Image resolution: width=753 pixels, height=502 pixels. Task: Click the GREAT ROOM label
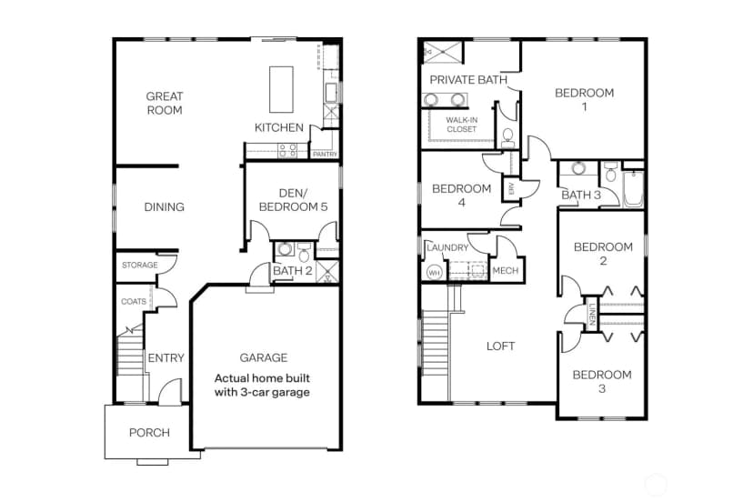[x=165, y=103]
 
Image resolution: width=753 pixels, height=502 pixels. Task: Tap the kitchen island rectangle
[x=281, y=89]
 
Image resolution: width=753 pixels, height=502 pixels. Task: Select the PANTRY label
[x=325, y=155]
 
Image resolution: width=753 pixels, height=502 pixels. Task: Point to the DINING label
[x=165, y=206]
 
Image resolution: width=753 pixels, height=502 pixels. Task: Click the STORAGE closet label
[x=140, y=265]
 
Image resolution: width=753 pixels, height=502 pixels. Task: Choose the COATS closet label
[x=134, y=301]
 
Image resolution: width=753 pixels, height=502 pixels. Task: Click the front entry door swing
[x=170, y=390]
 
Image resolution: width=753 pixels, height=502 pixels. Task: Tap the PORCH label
[x=149, y=432]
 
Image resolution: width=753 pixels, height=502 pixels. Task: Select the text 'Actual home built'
[x=262, y=378]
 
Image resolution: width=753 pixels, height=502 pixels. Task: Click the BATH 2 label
[x=293, y=270]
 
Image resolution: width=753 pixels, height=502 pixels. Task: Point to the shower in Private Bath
[x=443, y=52]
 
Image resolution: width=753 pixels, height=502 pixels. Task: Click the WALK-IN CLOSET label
[x=461, y=125]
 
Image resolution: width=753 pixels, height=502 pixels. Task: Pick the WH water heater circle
[x=434, y=273]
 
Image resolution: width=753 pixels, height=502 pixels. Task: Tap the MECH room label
[x=506, y=270]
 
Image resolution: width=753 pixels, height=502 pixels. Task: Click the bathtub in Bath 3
[x=633, y=189]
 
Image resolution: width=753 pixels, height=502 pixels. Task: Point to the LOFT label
[x=500, y=346]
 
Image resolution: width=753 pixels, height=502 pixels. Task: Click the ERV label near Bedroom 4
[x=511, y=189]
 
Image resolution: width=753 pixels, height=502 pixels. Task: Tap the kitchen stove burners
[x=287, y=150]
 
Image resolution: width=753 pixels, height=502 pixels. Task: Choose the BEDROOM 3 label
[x=602, y=381]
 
